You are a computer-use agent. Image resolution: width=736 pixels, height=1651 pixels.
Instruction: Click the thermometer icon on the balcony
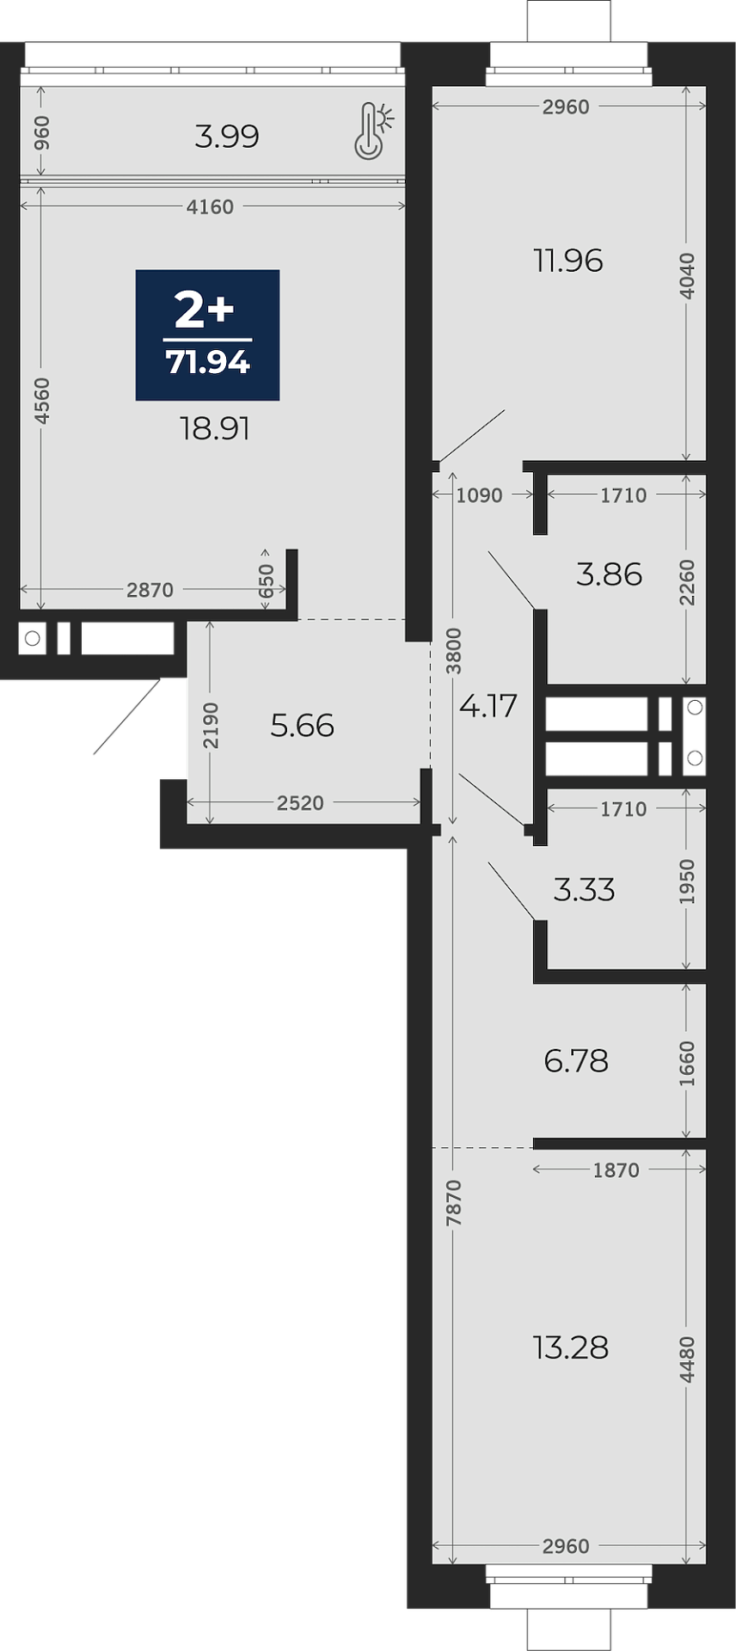[x=373, y=131]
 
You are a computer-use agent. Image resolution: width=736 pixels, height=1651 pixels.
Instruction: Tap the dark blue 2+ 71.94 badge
[x=208, y=335]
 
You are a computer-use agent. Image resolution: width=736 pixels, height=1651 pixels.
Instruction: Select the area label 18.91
[x=215, y=428]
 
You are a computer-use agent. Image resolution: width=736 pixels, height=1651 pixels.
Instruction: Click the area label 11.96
[x=568, y=261]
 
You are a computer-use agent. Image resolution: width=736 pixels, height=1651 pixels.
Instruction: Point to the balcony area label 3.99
[x=227, y=136]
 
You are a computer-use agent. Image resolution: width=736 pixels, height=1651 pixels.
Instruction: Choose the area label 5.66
[x=302, y=726]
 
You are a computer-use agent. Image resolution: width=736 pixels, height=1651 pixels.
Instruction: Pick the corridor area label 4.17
[x=488, y=706]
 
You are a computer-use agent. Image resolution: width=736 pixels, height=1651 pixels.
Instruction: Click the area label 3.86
[x=610, y=574]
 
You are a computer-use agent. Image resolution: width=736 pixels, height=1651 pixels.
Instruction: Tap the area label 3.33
[x=585, y=889]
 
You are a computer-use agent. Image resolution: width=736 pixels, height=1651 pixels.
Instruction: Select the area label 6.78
[x=576, y=1061]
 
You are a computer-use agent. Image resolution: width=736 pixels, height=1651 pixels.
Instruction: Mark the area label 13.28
[x=571, y=1347]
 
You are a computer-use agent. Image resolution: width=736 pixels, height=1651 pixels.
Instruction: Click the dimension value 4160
[x=210, y=206]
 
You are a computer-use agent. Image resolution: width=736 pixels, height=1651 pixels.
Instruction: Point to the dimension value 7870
[x=454, y=1202]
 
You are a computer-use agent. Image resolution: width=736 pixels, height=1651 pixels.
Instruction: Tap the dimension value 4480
[x=686, y=1360]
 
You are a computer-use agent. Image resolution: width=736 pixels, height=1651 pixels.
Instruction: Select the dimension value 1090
[x=479, y=495]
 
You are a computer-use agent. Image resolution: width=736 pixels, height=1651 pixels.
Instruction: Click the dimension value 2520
[x=301, y=803]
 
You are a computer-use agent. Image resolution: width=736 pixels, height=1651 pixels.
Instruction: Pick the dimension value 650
[x=267, y=580]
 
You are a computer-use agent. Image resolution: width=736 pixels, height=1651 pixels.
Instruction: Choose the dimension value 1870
[x=616, y=1169]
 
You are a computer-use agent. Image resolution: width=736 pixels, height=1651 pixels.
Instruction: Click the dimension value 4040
[x=686, y=276]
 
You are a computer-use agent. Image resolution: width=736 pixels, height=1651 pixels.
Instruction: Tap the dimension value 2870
[x=150, y=590]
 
